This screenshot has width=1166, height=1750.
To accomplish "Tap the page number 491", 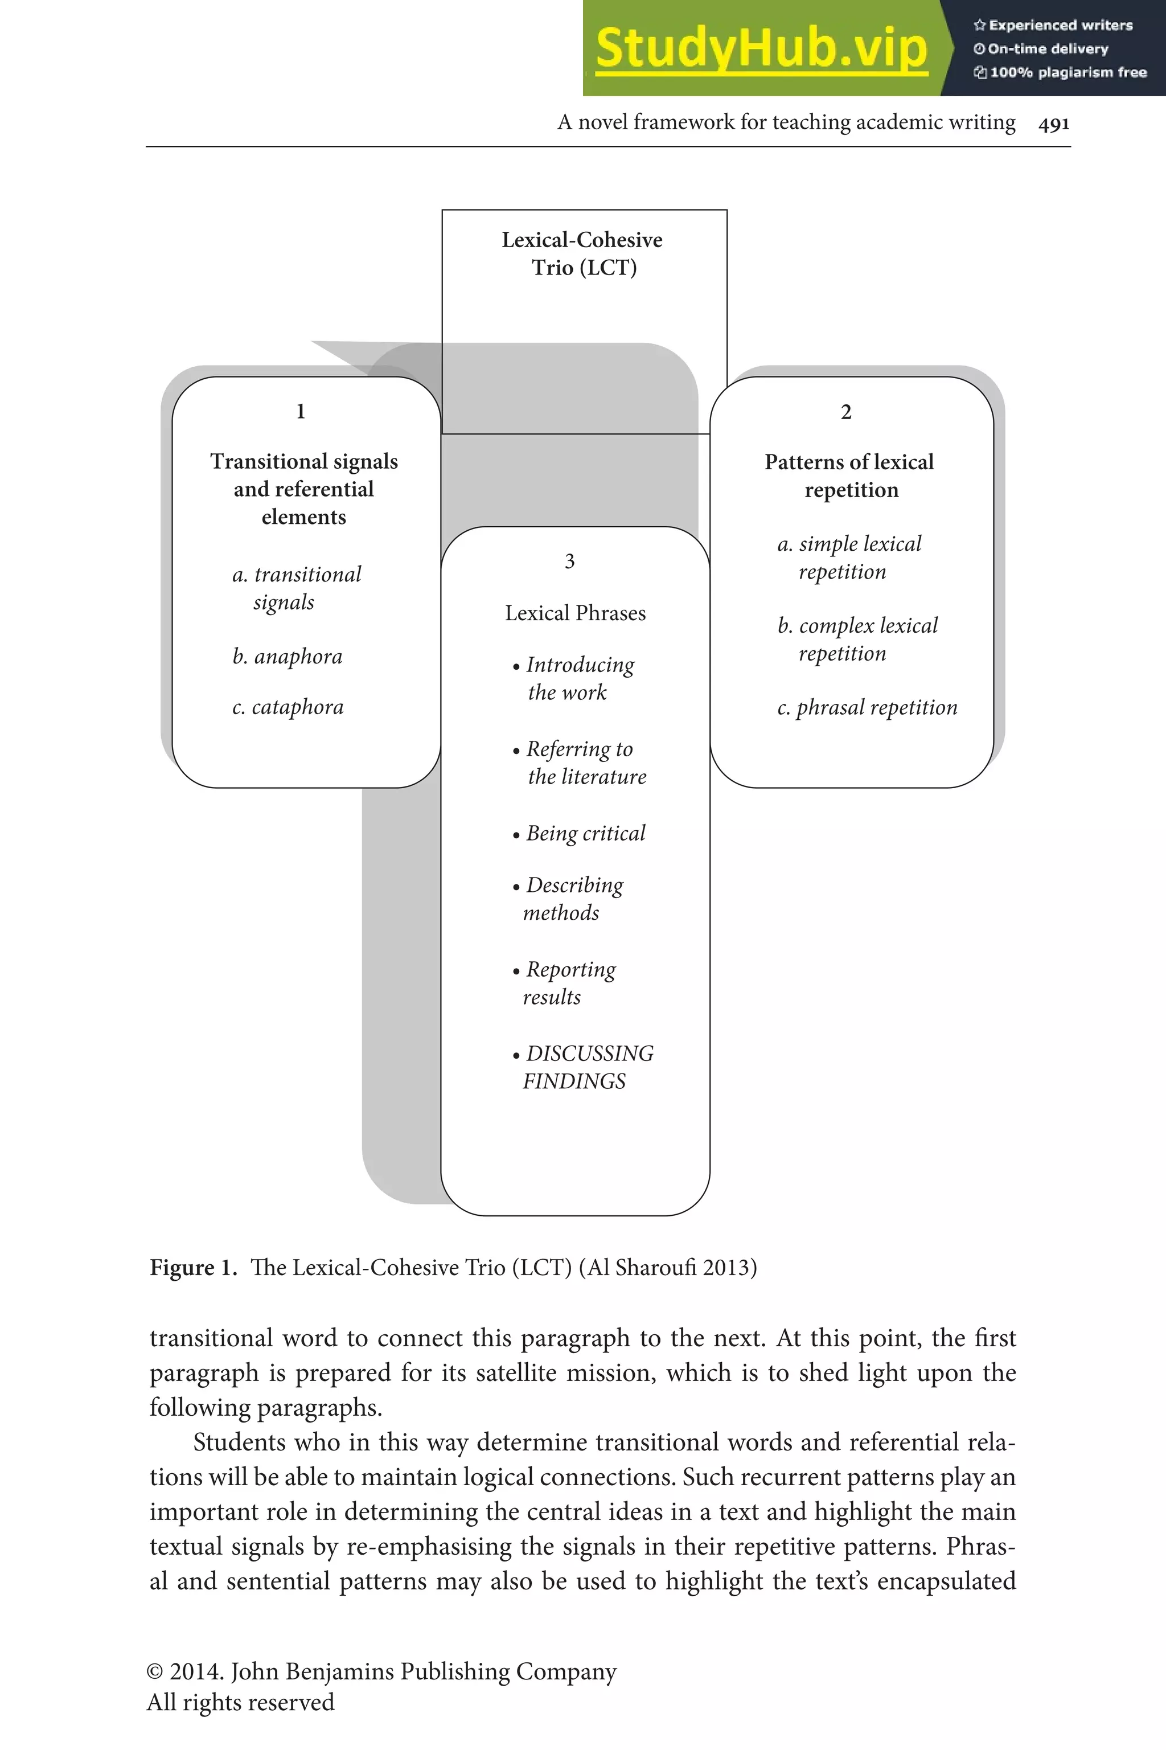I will click(x=1054, y=124).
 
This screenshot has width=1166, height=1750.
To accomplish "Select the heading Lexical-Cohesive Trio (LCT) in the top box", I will click(x=583, y=253).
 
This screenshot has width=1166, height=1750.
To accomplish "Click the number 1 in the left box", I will click(x=301, y=411).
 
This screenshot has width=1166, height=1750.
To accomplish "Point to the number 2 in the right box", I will click(x=845, y=412).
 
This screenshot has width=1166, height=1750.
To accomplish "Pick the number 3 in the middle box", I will click(x=569, y=562).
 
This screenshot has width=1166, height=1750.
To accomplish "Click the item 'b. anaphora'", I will click(x=287, y=657).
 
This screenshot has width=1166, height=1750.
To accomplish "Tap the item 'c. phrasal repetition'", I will click(x=867, y=707).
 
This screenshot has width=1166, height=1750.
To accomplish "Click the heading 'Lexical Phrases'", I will click(x=575, y=613).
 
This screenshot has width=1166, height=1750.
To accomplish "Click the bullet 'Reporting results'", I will click(x=565, y=983).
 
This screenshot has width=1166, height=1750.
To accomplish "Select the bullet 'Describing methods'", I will click(x=569, y=899).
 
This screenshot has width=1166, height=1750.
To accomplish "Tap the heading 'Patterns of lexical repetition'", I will click(x=849, y=476).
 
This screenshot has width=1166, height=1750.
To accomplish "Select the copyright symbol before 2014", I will click(x=155, y=1671).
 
